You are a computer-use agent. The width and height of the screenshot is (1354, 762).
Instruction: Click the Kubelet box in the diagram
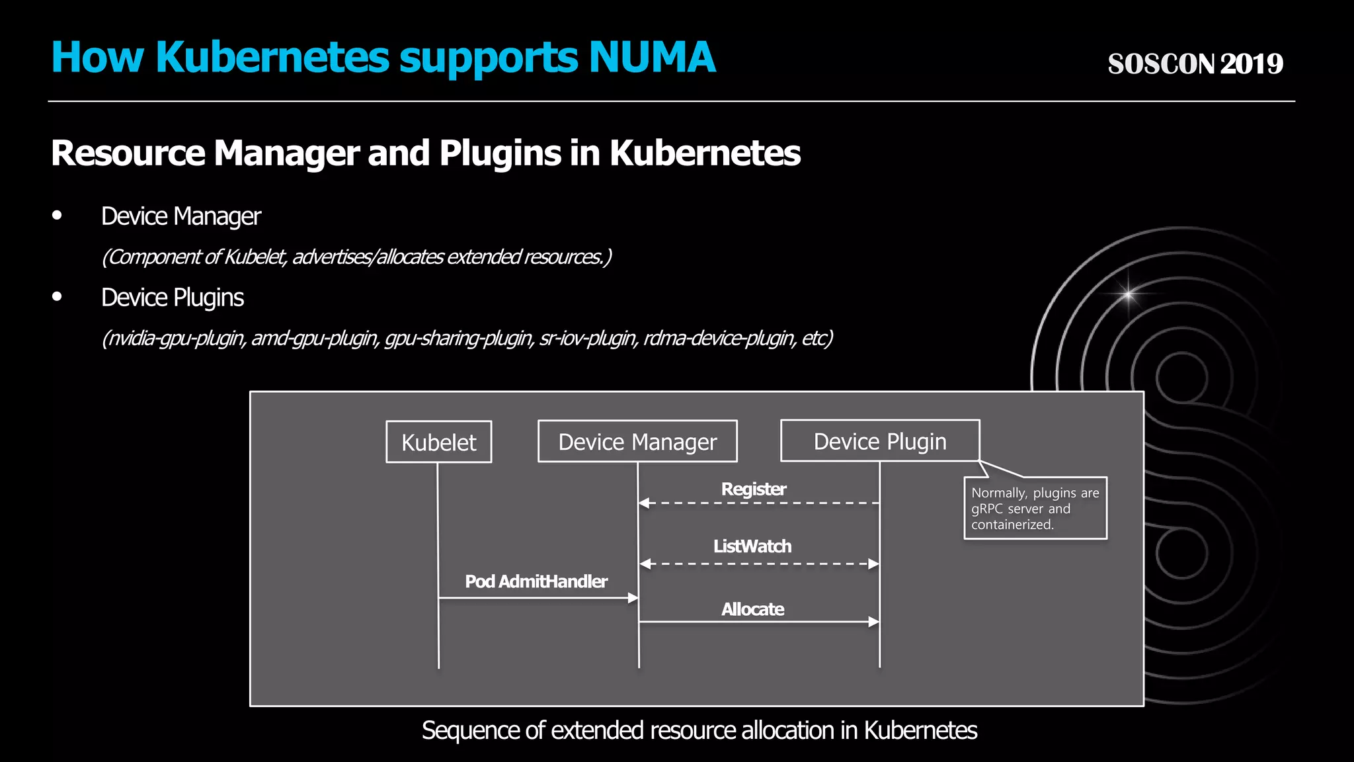(438, 442)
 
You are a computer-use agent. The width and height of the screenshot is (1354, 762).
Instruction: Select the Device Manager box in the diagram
(637, 441)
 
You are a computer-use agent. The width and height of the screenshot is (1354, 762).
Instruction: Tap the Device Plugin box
(879, 441)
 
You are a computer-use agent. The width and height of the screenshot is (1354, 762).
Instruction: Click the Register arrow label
(753, 489)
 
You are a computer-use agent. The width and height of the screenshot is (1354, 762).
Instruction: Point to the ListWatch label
(752, 546)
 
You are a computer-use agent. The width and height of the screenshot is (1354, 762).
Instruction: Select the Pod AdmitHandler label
(536, 581)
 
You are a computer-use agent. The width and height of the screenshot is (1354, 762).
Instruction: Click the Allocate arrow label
(752, 609)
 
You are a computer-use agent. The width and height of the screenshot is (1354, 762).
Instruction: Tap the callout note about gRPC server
(1035, 508)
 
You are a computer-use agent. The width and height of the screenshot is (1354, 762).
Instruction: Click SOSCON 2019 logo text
(1195, 64)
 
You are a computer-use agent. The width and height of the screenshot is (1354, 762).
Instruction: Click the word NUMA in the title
(651, 58)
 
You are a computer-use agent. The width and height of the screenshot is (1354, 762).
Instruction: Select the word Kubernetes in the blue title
(272, 58)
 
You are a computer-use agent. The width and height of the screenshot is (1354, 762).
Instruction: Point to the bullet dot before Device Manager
(57, 216)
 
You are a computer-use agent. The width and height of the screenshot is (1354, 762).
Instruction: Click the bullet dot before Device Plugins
(57, 297)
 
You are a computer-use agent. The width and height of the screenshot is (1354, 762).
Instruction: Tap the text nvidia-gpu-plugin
(176, 339)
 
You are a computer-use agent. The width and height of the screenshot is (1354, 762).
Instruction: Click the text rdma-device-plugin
(719, 339)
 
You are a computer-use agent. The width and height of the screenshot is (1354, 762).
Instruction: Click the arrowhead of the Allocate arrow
(874, 622)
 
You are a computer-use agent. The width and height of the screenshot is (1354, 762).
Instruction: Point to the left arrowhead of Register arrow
(644, 503)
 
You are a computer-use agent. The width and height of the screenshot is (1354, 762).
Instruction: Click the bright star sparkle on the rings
(1128, 293)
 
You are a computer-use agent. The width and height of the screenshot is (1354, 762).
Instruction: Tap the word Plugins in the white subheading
(500, 153)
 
